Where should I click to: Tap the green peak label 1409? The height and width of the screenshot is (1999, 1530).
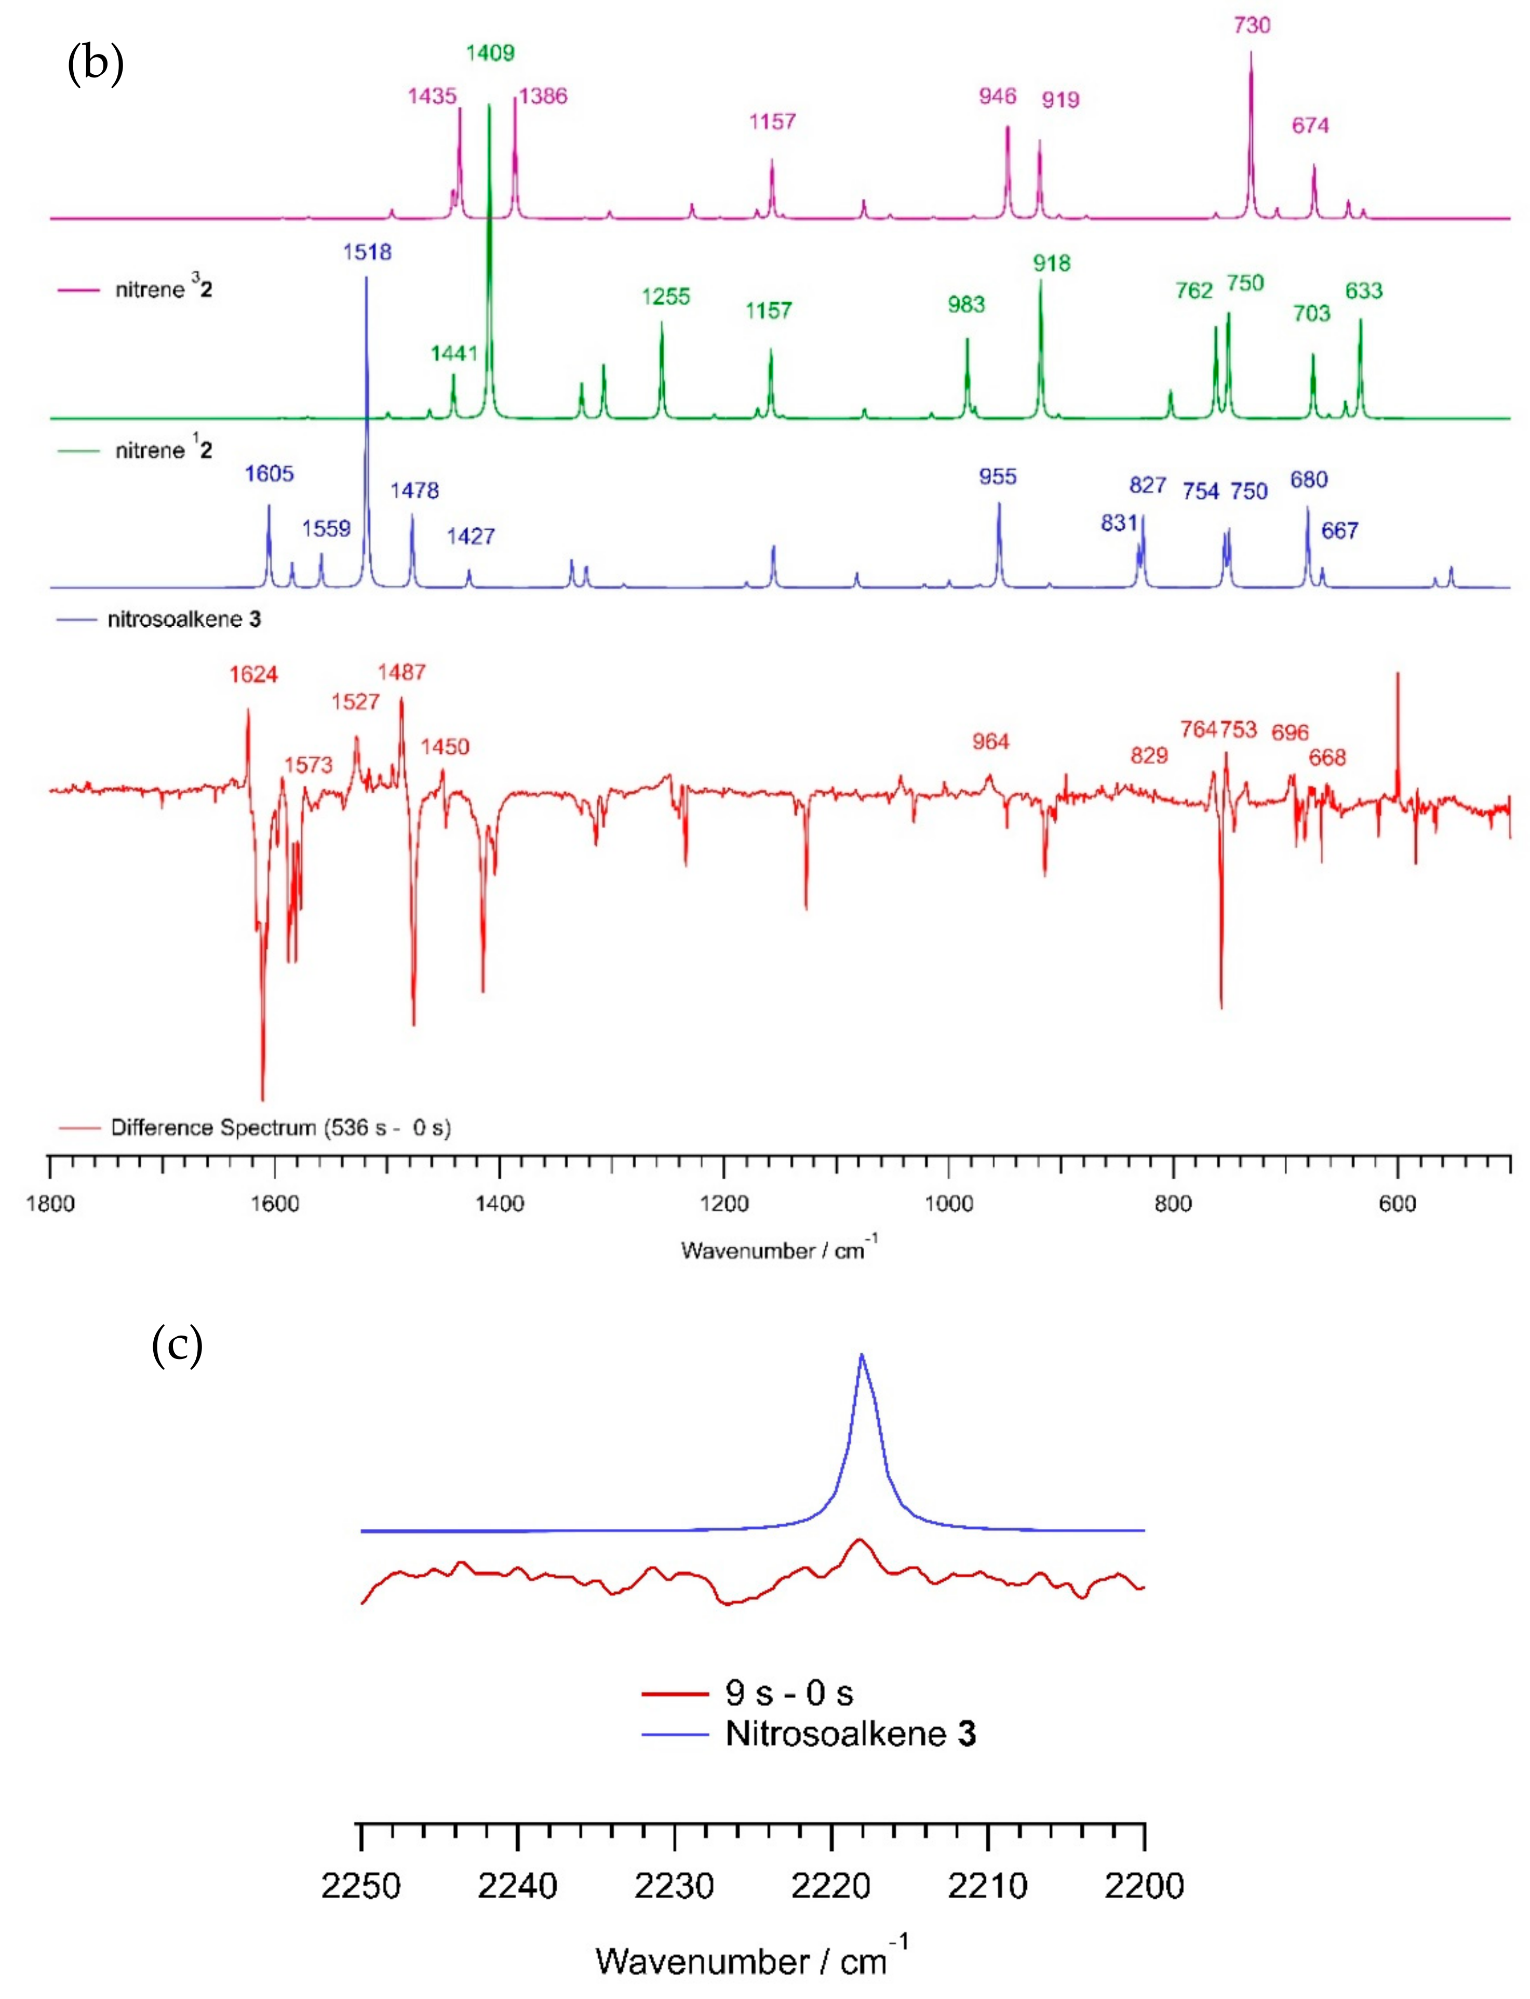point(490,54)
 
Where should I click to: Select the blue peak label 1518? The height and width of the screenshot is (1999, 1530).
point(367,252)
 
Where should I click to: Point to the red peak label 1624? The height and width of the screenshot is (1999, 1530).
point(253,675)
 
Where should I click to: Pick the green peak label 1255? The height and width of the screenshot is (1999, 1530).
point(666,297)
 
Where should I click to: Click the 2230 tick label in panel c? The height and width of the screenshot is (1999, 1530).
point(674,1886)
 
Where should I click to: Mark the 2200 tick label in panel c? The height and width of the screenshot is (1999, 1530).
point(1144,1886)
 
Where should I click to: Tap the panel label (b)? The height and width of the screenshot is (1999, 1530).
point(96,64)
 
